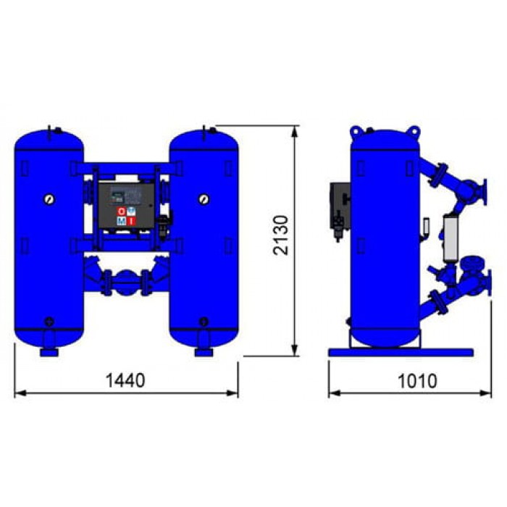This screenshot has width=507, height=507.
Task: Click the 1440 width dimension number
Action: tap(125, 380)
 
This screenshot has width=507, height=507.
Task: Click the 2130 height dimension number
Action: tap(281, 235)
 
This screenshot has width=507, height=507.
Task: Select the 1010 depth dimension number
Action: tap(417, 381)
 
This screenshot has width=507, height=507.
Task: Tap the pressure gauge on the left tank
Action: tap(49, 199)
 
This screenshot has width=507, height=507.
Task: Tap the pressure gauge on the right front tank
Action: tap(204, 198)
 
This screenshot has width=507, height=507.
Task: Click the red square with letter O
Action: tap(121, 211)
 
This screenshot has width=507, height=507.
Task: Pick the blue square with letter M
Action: tap(121, 221)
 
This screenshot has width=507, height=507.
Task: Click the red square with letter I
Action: tap(131, 221)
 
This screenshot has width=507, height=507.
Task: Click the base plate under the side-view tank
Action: tap(401, 352)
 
